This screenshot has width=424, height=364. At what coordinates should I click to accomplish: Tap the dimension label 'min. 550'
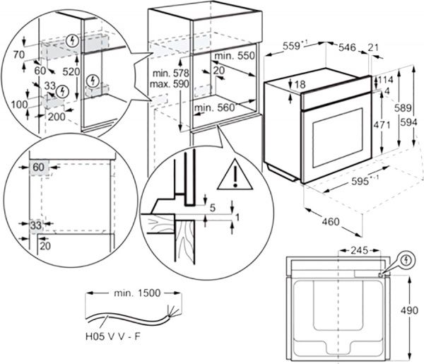234,55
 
